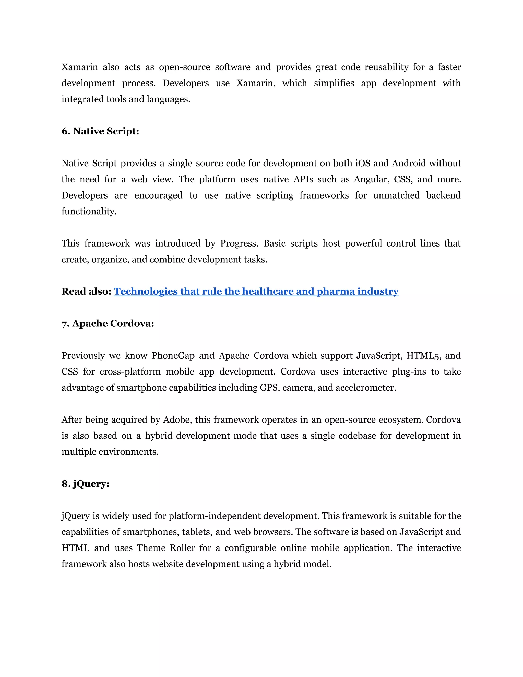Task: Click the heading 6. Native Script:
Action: (100, 131)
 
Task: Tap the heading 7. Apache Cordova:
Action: (108, 324)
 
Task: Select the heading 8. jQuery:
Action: (85, 484)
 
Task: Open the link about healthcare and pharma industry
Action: (256, 291)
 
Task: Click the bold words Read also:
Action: (86, 291)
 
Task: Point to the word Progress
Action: (239, 243)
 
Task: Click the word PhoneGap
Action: (173, 356)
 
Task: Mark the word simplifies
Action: (334, 83)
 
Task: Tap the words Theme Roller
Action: (166, 548)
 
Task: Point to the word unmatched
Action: (396, 195)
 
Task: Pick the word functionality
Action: (89, 212)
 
